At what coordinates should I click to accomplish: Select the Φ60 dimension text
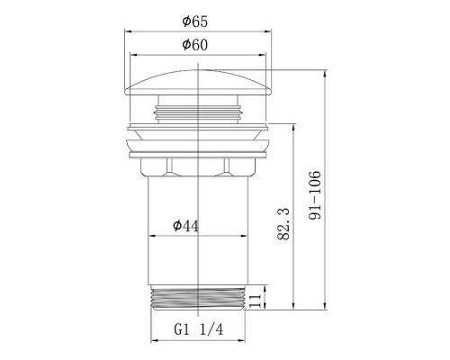196,45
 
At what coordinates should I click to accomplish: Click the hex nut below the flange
197,166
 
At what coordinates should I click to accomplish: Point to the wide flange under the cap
197,137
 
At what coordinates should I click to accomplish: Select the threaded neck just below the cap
197,112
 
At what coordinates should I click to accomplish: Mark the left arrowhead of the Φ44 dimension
152,236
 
